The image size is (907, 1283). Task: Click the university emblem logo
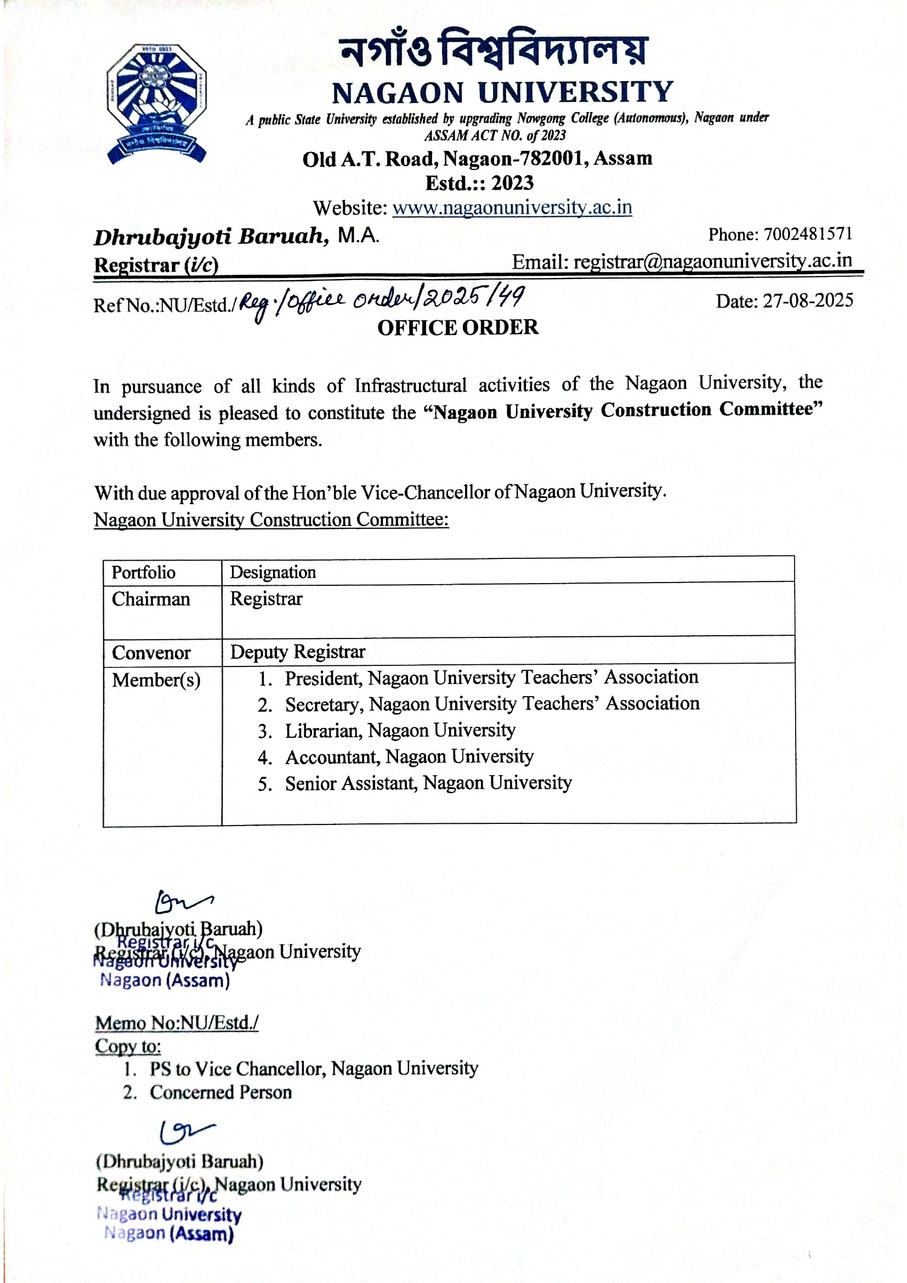pyautogui.click(x=156, y=103)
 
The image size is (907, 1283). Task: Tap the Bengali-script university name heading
pyautogui.click(x=494, y=49)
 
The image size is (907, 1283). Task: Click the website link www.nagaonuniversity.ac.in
pyautogui.click(x=512, y=207)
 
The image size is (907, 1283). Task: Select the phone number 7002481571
pyautogui.click(x=808, y=234)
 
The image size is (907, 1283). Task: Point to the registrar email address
pyautogui.click(x=713, y=261)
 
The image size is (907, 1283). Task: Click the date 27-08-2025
pyautogui.click(x=808, y=301)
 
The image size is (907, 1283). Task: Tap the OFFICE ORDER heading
pyautogui.click(x=458, y=327)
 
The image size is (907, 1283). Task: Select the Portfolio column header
pyautogui.click(x=144, y=572)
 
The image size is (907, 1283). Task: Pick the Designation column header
pyautogui.click(x=273, y=572)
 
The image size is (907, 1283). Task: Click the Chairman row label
pyautogui.click(x=151, y=599)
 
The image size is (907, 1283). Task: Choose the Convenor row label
pyautogui.click(x=151, y=653)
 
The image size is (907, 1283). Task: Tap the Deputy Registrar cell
pyautogui.click(x=297, y=652)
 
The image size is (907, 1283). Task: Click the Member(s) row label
pyautogui.click(x=156, y=680)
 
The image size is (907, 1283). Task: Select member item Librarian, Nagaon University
pyautogui.click(x=400, y=730)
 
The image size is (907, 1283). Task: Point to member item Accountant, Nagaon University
pyautogui.click(x=409, y=756)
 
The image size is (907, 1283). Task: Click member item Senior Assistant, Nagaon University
pyautogui.click(x=428, y=783)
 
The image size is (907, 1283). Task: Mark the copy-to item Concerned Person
pyautogui.click(x=220, y=1092)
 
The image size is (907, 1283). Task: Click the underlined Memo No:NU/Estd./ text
pyautogui.click(x=177, y=1022)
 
